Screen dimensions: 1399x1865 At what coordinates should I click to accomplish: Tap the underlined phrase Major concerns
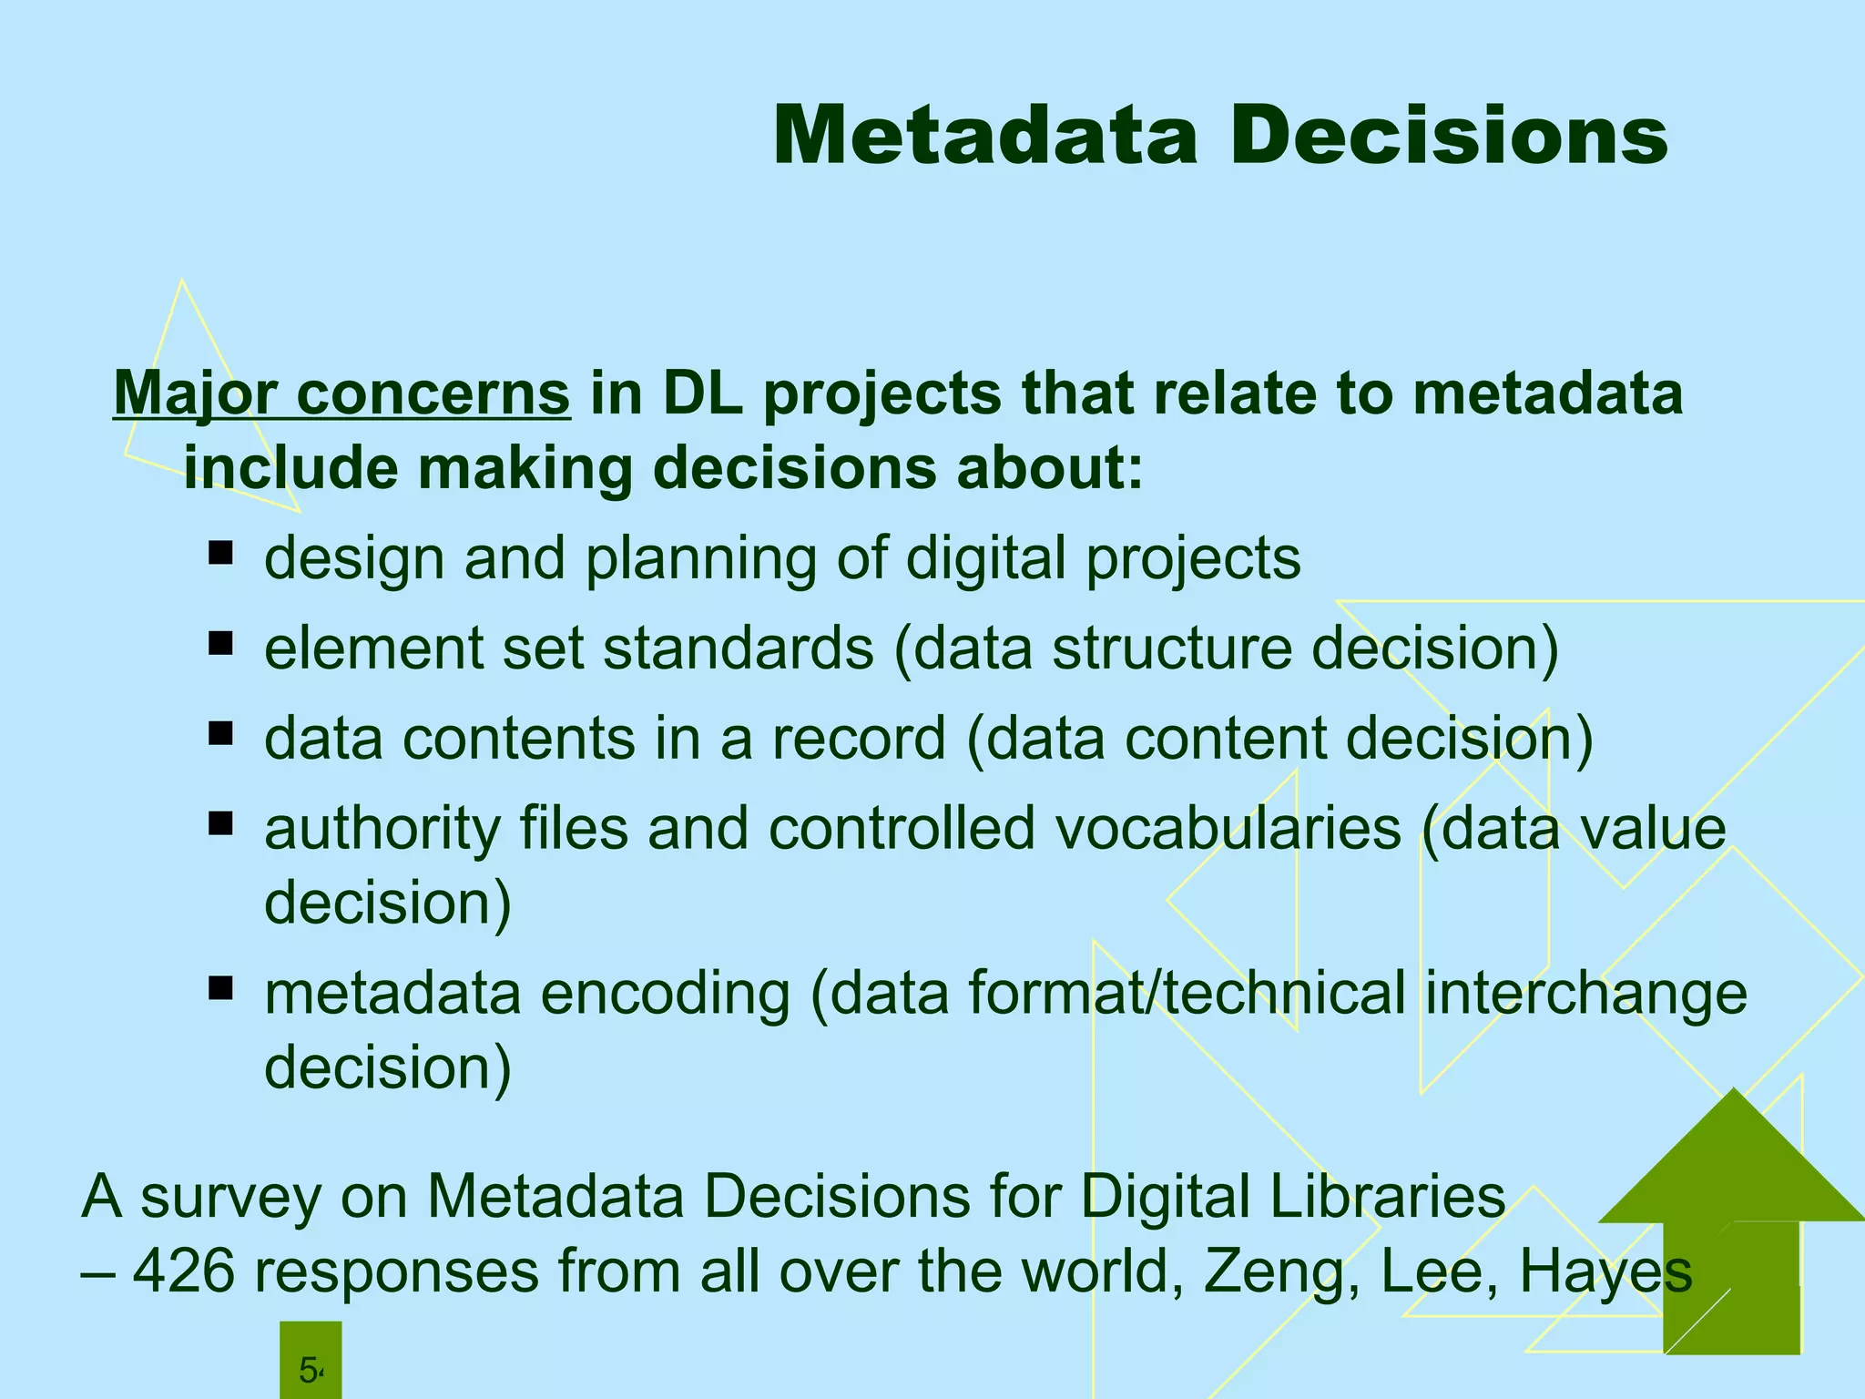(x=341, y=394)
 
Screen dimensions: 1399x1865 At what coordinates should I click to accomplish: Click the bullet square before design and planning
(x=220, y=553)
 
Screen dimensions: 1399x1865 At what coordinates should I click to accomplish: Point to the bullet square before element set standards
(x=220, y=644)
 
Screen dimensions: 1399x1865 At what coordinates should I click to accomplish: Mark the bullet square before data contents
(x=220, y=733)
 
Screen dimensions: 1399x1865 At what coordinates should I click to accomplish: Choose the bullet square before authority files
(x=220, y=824)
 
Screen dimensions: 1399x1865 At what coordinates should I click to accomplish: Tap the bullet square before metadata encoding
(x=220, y=988)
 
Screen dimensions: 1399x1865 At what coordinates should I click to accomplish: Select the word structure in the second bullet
(x=1171, y=648)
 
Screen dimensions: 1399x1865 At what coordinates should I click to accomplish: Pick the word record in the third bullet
(x=859, y=738)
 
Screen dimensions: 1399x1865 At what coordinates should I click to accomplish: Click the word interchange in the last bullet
(x=1585, y=993)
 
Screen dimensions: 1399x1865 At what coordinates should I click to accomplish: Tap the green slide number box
(x=311, y=1361)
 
